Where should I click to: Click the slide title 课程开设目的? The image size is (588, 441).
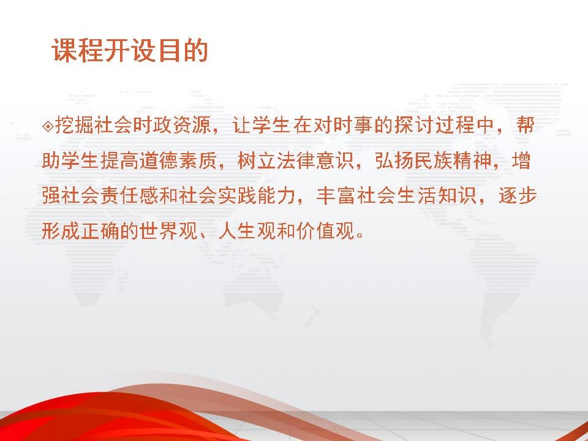pyautogui.click(x=130, y=50)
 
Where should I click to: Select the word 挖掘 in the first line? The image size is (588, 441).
pyautogui.click(x=74, y=125)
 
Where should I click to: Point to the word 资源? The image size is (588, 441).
pyautogui.click(x=191, y=125)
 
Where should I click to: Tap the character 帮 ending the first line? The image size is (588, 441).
pyautogui.click(x=524, y=125)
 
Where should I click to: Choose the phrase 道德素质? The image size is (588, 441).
pyautogui.click(x=178, y=161)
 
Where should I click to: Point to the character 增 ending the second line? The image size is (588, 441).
pyautogui.click(x=521, y=161)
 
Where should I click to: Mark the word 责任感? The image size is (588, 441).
pyautogui.click(x=129, y=196)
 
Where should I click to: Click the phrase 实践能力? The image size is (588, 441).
pyautogui.click(x=256, y=196)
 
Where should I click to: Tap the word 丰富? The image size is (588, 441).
pyautogui.click(x=335, y=196)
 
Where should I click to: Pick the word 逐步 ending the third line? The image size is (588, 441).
pyautogui.click(x=518, y=196)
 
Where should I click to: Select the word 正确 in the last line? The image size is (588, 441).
pyautogui.click(x=100, y=231)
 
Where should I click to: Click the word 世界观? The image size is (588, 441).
pyautogui.click(x=169, y=231)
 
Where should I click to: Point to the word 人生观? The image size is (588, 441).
pyautogui.click(x=247, y=231)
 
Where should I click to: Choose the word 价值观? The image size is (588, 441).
pyautogui.click(x=325, y=231)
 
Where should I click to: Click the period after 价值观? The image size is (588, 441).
pyautogui.click(x=360, y=236)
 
